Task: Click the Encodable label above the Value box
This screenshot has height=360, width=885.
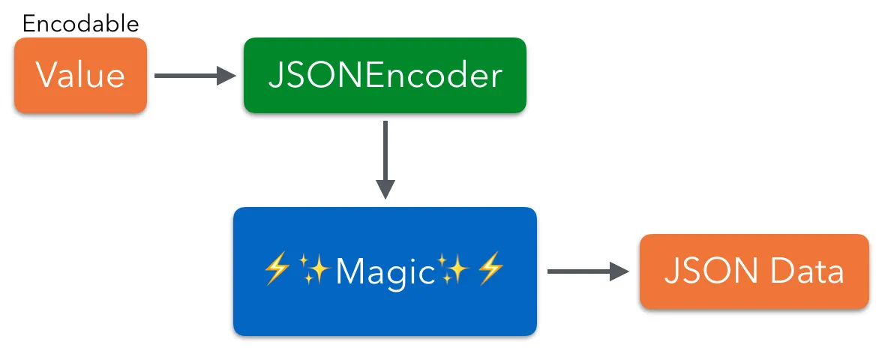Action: click(80, 23)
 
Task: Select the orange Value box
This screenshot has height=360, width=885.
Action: click(80, 76)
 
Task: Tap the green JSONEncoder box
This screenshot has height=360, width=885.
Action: click(385, 76)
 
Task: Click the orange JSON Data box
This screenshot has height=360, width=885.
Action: click(754, 271)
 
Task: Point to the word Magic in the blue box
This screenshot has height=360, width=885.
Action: click(385, 271)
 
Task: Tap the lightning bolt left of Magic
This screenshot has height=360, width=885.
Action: click(277, 269)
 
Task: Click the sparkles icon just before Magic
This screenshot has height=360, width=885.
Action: click(315, 269)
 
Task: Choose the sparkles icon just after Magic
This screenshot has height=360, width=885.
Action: click(454, 269)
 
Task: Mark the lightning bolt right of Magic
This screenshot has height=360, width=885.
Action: click(491, 269)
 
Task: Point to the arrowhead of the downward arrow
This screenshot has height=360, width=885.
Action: click(385, 190)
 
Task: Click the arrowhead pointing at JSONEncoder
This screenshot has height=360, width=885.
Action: click(226, 75)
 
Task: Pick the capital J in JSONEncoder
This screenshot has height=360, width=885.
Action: click(275, 76)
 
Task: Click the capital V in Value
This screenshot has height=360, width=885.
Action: click(46, 76)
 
